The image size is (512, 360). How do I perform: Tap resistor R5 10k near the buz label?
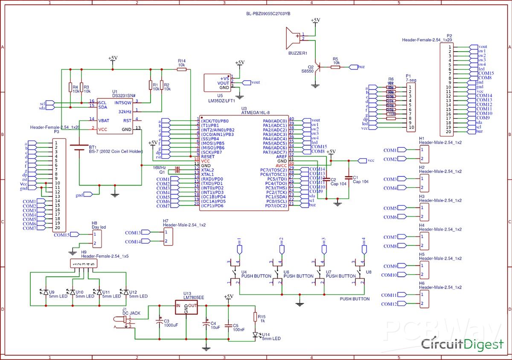tap(335, 67)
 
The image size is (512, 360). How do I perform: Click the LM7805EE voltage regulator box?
tap(186, 306)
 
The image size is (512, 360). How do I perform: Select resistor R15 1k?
tap(255, 317)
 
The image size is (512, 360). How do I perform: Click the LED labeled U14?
tap(255, 334)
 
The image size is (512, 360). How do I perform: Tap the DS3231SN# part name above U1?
tap(124, 96)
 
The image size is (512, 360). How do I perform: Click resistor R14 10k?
tap(182, 69)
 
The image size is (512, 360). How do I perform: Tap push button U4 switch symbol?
tap(234, 272)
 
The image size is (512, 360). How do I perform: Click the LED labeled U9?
tap(46, 292)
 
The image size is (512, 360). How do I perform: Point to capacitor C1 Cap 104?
tap(349, 177)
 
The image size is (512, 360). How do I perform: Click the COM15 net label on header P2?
tap(486, 73)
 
